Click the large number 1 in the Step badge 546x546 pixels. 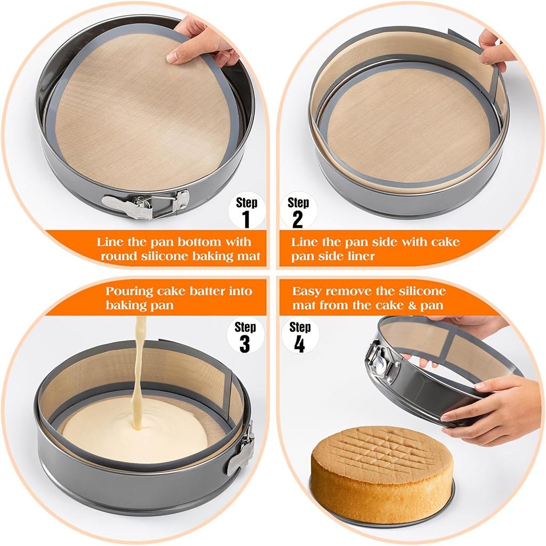[246, 219]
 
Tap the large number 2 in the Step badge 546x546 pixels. [298, 219]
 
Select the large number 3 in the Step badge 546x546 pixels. [245, 344]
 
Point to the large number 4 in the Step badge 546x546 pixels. [300, 344]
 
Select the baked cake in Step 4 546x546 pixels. [382, 467]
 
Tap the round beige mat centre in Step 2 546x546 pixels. [408, 125]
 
